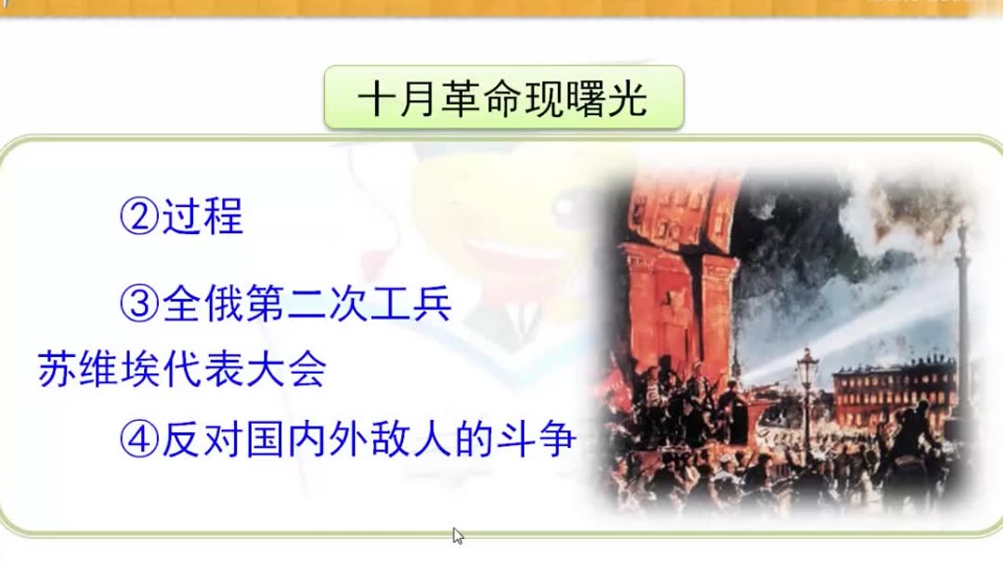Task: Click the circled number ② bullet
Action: point(138,217)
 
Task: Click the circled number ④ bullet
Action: point(138,439)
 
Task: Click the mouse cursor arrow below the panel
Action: point(457,534)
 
